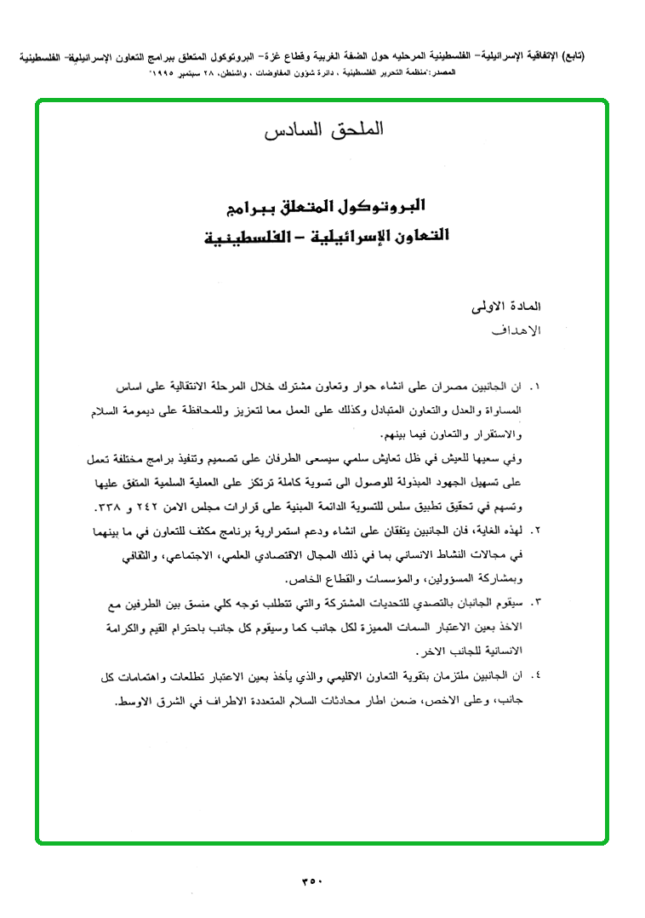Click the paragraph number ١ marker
[535, 386]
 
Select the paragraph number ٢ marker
[535, 530]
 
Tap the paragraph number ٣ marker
[535, 602]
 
